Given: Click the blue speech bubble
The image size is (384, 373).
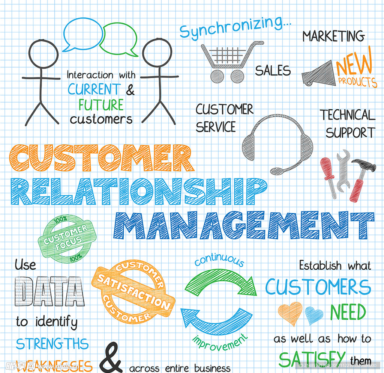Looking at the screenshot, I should click(82, 34).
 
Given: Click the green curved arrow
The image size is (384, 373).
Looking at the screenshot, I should click(221, 284).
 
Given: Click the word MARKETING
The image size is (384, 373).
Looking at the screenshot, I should click(333, 36).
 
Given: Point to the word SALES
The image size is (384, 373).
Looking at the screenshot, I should click(273, 71).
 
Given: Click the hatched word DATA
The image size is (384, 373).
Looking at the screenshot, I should click(49, 291).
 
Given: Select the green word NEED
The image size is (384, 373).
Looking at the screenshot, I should click(348, 312).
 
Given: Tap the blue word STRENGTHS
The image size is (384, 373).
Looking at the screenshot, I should click(52, 344).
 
